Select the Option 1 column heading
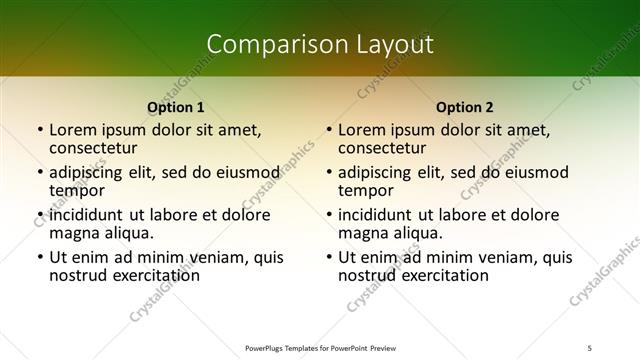point(176,106)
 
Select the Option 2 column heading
point(465,106)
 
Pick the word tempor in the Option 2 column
point(366,191)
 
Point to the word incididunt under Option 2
point(375,215)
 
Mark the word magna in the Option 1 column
point(73,233)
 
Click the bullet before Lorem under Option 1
point(39,131)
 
